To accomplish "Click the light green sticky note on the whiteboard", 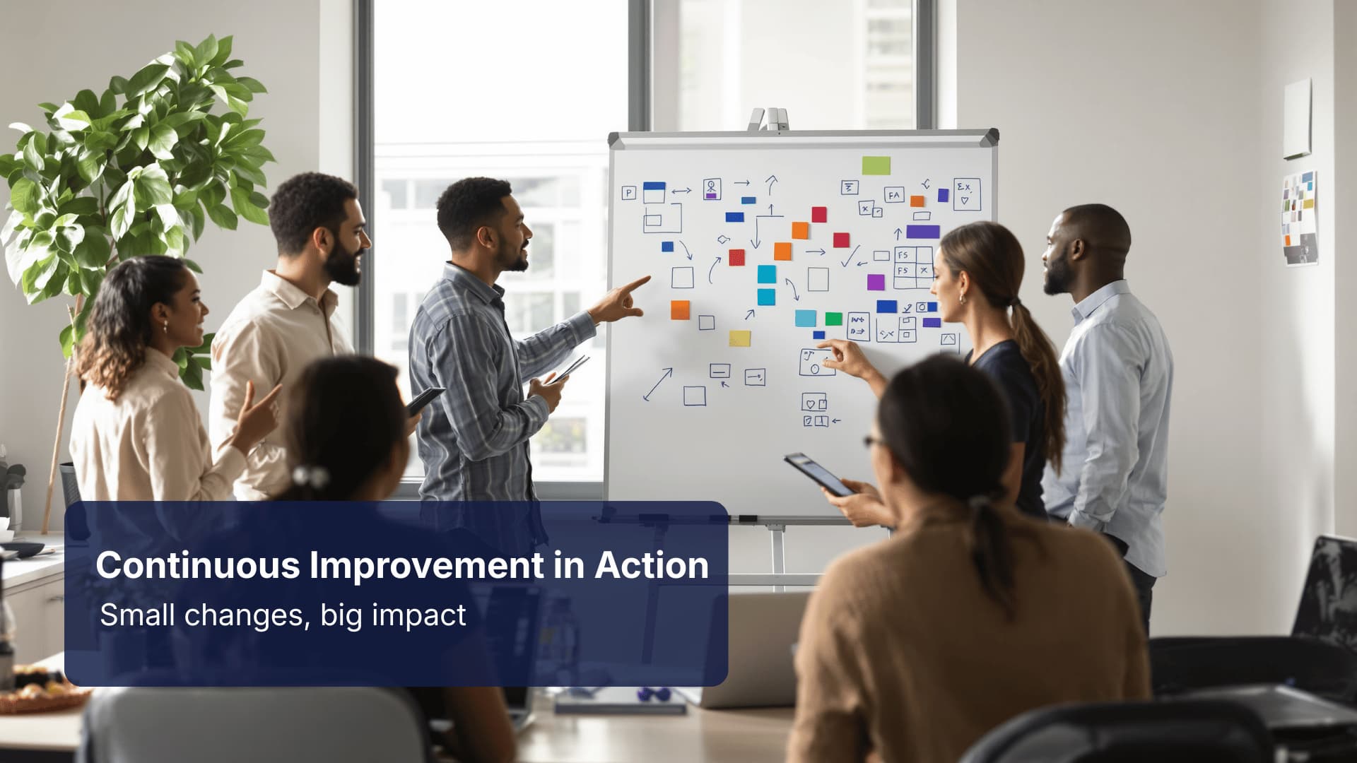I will point(876,166).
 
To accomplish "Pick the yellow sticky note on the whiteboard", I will point(739,338).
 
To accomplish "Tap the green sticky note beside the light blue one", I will point(834,319).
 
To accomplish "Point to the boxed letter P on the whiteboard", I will point(628,193).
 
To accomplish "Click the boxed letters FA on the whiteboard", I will point(894,195).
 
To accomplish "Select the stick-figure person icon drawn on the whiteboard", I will point(712,188).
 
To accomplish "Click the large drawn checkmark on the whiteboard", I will point(850,256).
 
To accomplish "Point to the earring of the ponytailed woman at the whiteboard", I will point(961,300).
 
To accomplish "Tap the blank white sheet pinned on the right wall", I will point(1298,118).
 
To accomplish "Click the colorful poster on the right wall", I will point(1300,218).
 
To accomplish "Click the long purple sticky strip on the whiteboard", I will point(922,232).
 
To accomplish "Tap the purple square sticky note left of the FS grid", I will point(876,282).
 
